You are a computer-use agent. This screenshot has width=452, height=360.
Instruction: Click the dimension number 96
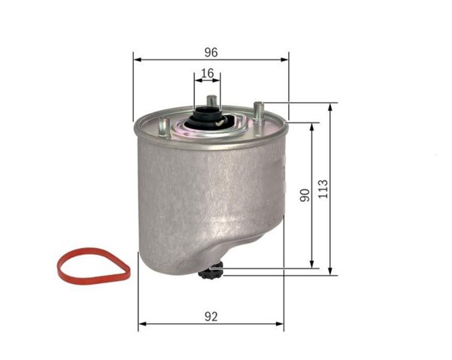tap(211, 53)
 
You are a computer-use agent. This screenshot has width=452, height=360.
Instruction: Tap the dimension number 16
tap(208, 74)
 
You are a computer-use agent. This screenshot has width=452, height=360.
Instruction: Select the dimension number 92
tap(211, 317)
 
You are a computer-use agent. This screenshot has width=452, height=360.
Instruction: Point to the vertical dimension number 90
tap(305, 195)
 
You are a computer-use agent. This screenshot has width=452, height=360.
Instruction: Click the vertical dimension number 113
tap(323, 189)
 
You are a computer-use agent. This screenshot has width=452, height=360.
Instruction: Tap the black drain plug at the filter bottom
tap(210, 271)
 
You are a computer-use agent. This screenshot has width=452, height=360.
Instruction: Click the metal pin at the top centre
tap(211, 101)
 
